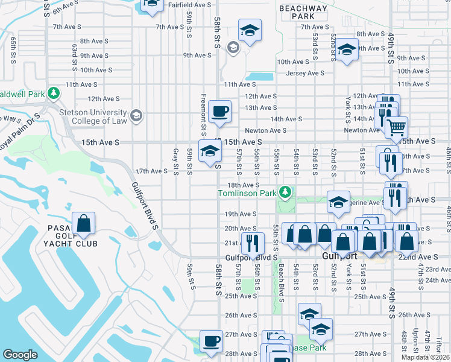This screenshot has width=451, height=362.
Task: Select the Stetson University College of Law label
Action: (x=93, y=116)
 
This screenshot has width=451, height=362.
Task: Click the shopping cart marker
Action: (x=396, y=128)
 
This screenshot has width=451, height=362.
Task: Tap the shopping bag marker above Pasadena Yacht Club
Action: (x=84, y=224)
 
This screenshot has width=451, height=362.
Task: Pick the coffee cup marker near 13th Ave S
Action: (x=220, y=112)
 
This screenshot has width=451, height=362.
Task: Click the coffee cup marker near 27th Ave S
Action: (x=211, y=341)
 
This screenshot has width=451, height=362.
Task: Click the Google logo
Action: (x=20, y=355)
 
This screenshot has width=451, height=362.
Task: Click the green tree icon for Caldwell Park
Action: (x=54, y=93)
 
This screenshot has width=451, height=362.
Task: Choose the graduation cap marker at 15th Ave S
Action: (x=210, y=151)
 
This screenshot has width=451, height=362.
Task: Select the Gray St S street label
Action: (x=175, y=162)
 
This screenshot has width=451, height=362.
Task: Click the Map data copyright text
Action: (x=426, y=357)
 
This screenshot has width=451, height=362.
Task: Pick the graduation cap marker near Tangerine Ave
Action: (x=339, y=202)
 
